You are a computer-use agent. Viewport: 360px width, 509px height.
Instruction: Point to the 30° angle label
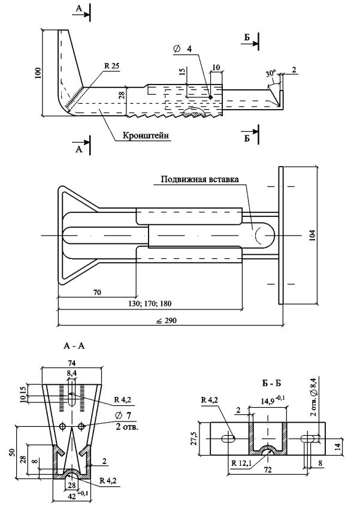click(x=271, y=74)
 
